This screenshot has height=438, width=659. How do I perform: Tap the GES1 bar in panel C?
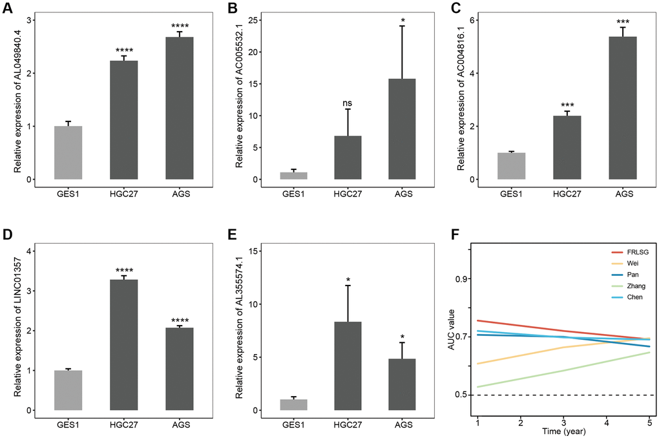pos(511,166)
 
